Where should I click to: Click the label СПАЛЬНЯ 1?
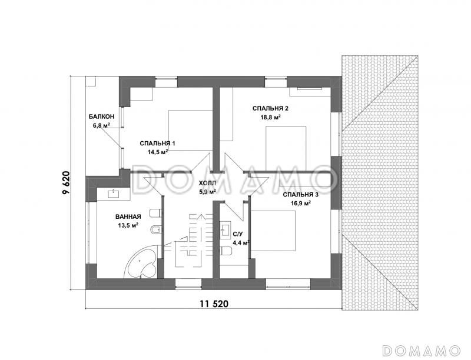(157, 144)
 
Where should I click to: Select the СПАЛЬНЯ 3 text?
(301, 195)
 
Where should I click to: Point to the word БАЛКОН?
(101, 116)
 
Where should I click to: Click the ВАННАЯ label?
(128, 216)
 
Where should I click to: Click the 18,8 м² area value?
(270, 117)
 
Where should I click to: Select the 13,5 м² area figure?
(128, 225)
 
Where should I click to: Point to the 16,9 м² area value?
(301, 204)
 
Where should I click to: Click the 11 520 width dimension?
(214, 304)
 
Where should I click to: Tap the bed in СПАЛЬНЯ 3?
(273, 231)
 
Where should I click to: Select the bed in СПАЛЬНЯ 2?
(286, 149)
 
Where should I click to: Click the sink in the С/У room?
(225, 229)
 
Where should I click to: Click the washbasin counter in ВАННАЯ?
(114, 194)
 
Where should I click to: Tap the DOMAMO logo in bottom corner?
(422, 350)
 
